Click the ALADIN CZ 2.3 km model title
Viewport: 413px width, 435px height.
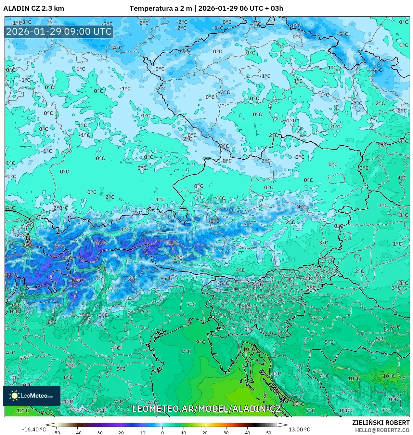pos(34,8)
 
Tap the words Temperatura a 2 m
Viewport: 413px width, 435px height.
pos(161,8)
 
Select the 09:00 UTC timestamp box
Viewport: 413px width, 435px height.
pos(59,32)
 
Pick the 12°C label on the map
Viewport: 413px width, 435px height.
pos(23,410)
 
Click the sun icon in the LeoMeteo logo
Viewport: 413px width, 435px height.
pos(14,396)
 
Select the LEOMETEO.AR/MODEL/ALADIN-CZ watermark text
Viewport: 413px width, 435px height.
pos(206,409)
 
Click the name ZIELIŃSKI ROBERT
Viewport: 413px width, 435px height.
pos(381,423)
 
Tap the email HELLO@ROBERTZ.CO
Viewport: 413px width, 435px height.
pos(382,430)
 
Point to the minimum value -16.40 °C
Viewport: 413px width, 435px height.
pos(34,429)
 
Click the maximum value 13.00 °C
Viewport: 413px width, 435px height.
pos(299,429)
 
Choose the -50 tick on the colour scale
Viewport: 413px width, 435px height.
pos(56,432)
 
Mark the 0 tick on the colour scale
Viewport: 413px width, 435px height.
pos(162,432)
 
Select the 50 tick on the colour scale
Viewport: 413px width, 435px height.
pos(268,432)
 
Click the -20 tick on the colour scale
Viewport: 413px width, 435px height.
pos(120,432)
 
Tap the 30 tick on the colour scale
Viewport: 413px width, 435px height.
pos(226,432)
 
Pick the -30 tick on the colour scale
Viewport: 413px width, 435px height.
pos(99,432)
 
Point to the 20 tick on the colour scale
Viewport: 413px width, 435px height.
pos(205,432)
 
